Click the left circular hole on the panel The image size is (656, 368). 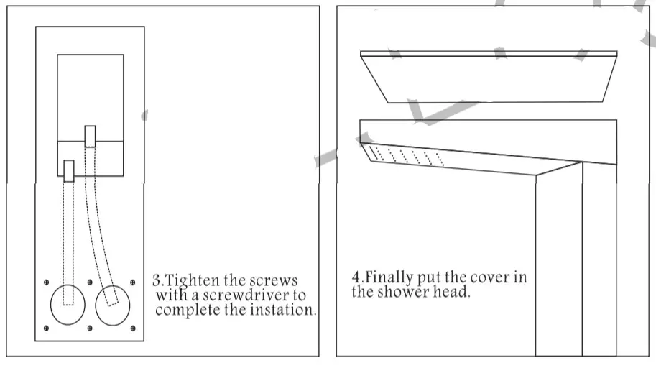tap(68, 304)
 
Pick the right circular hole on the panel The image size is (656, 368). tap(113, 304)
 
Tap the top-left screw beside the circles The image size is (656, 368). tap(46, 282)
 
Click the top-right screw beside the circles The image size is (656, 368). tap(133, 282)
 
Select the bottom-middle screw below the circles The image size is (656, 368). tap(90, 328)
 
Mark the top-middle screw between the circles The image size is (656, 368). tap(90, 282)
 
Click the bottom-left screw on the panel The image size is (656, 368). tap(46, 328)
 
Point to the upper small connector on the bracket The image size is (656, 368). tap(90, 136)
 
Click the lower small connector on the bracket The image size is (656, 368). tap(68, 170)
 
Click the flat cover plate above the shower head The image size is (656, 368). tap(489, 75)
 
